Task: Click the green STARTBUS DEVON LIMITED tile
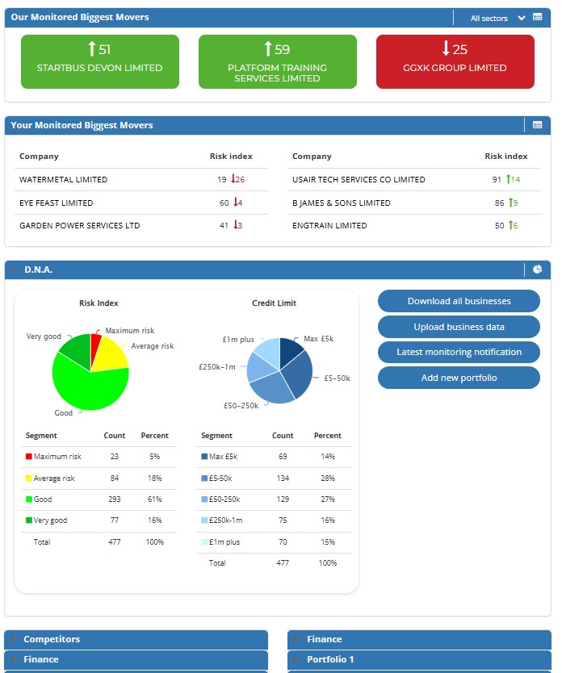pyautogui.click(x=99, y=61)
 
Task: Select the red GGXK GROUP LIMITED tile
pyautogui.click(x=455, y=61)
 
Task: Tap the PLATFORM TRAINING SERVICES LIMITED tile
pyautogui.click(x=277, y=61)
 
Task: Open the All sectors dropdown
pyautogui.click(x=497, y=18)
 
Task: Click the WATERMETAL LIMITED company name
pyautogui.click(x=63, y=179)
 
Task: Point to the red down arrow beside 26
pyautogui.click(x=232, y=179)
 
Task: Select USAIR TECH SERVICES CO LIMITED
pyautogui.click(x=359, y=179)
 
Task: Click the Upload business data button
pyautogui.click(x=459, y=327)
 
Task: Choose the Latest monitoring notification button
pyautogui.click(x=459, y=353)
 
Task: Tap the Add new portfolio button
pyautogui.click(x=459, y=378)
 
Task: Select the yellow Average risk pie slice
pyautogui.click(x=111, y=356)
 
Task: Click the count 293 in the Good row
pyautogui.click(x=115, y=500)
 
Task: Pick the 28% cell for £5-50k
pyautogui.click(x=327, y=478)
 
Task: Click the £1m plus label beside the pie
pyautogui.click(x=238, y=340)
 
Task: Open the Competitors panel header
pyautogui.click(x=52, y=639)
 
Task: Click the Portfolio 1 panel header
pyautogui.click(x=330, y=659)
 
